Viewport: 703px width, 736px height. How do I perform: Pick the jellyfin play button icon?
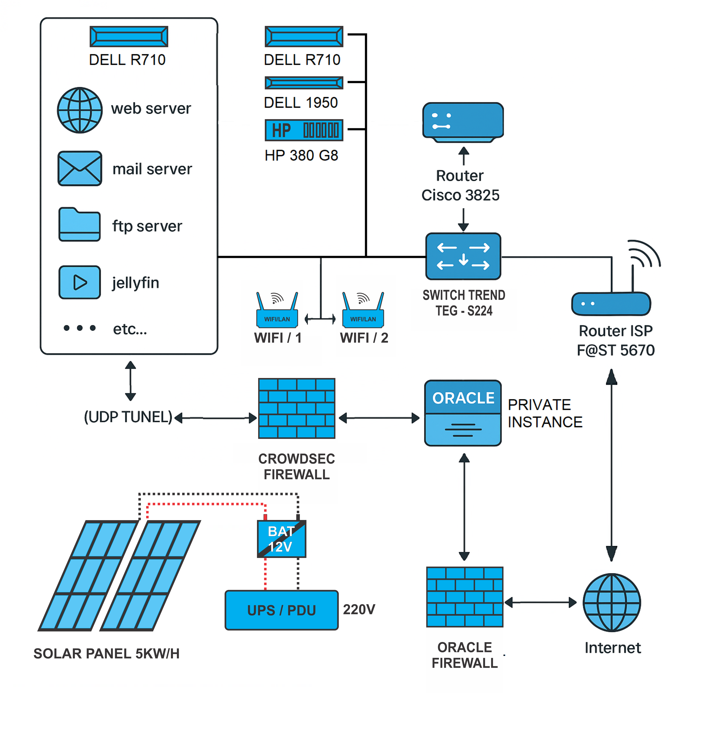click(x=79, y=282)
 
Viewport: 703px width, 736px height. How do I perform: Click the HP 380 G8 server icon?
click(x=304, y=130)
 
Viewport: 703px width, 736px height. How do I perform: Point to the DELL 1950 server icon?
click(x=304, y=83)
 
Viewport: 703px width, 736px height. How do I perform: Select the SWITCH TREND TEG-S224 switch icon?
click(x=463, y=256)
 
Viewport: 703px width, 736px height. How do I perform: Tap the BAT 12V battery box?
click(x=281, y=539)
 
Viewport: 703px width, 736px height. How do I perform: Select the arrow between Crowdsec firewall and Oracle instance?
click(x=379, y=418)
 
